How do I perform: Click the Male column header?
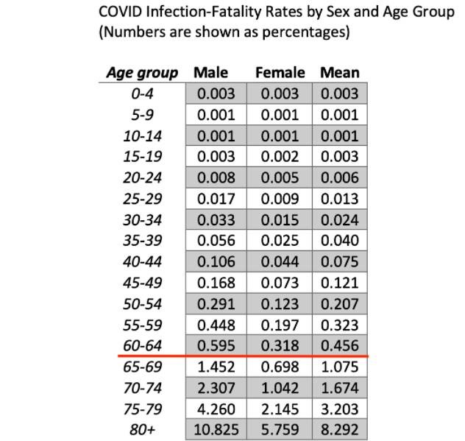[210, 72]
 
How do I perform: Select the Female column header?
[280, 72]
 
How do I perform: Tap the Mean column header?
[340, 72]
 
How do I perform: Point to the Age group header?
[142, 72]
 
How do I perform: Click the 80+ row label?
[142, 430]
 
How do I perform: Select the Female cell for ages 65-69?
[280, 367]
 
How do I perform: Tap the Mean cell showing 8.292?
[340, 430]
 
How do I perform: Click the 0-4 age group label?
[142, 94]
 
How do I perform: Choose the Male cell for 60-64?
[216, 345]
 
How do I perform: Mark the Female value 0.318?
[280, 345]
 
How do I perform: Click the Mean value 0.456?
[340, 345]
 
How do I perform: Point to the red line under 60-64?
[243, 356]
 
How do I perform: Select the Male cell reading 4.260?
[216, 409]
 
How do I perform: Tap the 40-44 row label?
[142, 261]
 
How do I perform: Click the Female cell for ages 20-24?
[280, 177]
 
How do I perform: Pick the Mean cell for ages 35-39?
[340, 241]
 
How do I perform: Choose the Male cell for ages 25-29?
[216, 199]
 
